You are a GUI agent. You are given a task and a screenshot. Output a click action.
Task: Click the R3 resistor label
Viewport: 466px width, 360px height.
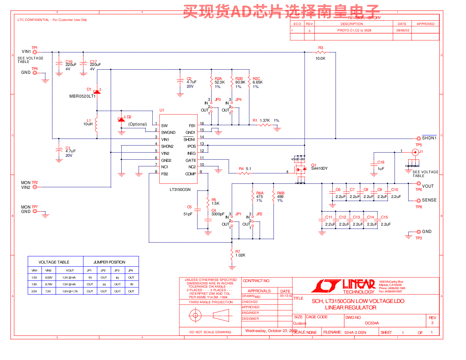[321, 48]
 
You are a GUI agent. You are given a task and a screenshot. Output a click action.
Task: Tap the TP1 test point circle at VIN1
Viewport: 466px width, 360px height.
[35, 52]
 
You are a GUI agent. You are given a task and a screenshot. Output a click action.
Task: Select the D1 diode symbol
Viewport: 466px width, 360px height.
[97, 92]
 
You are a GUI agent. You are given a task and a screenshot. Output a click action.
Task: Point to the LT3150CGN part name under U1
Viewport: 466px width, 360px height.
[180, 190]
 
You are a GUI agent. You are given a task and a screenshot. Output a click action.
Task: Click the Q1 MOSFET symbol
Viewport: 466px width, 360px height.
[300, 170]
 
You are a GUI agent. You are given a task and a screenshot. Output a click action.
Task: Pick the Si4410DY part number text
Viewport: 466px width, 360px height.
[319, 169]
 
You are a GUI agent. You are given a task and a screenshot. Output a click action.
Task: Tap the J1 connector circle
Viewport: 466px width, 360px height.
[415, 152]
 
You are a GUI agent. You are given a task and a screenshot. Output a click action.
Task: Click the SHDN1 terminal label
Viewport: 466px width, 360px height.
[429, 138]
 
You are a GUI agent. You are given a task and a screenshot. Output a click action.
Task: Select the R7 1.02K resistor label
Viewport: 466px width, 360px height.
[240, 254]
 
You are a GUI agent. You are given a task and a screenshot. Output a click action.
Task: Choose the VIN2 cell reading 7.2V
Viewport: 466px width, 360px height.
[48, 291]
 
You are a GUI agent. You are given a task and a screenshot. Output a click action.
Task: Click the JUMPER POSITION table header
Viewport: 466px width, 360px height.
[109, 262]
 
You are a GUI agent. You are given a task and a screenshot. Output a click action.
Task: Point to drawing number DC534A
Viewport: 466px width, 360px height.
[372, 323]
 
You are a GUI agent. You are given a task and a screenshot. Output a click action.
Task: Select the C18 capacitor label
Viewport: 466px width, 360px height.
[381, 162]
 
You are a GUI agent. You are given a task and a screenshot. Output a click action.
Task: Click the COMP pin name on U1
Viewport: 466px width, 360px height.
[190, 174]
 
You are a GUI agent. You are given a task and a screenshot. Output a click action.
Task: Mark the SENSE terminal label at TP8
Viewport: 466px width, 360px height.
[429, 200]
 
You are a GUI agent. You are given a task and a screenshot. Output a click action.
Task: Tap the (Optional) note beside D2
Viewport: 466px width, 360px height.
[137, 124]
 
